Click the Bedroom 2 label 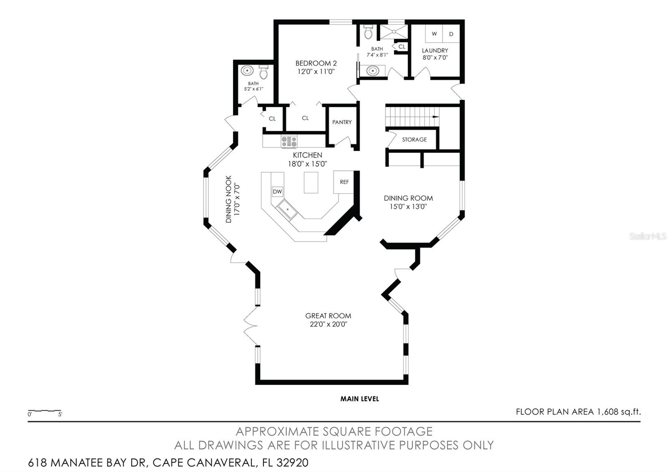point(316,63)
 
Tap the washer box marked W point(434,33)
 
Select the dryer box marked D point(451,33)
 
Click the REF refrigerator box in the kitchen point(344,182)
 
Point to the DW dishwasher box point(277,192)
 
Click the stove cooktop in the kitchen point(289,141)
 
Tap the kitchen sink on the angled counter point(287,210)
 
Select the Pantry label point(342,122)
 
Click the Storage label point(414,140)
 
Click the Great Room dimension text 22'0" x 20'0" point(328,324)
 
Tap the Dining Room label point(408,198)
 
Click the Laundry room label point(435,51)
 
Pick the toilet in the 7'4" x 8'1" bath point(368,32)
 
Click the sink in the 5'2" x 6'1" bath point(247,71)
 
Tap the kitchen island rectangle point(311,183)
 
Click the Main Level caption point(359,399)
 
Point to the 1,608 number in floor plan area point(607,412)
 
